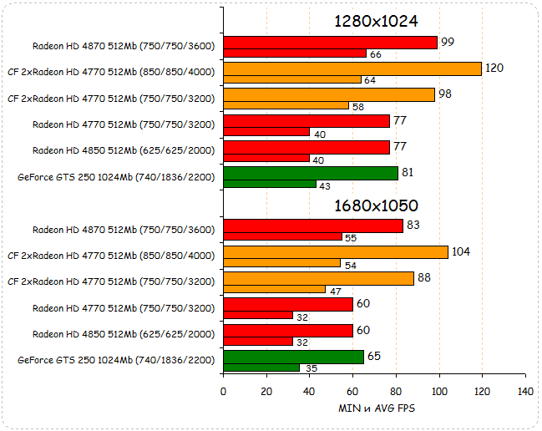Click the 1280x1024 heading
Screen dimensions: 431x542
pyautogui.click(x=376, y=21)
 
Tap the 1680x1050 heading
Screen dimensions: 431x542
pyautogui.click(x=376, y=205)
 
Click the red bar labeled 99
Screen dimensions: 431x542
pyautogui.click(x=330, y=43)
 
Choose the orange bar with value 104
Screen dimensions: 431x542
pyautogui.click(x=335, y=251)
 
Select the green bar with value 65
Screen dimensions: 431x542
pyautogui.click(x=293, y=357)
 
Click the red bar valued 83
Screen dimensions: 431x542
pyautogui.click(x=312, y=226)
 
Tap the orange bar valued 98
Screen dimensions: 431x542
pyautogui.click(x=328, y=94)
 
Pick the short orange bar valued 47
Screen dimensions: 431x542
pyautogui.click(x=274, y=289)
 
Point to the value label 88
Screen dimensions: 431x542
pyautogui.click(x=424, y=277)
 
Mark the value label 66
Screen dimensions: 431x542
pyautogui.click(x=376, y=54)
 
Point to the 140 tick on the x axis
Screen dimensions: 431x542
pyautogui.click(x=524, y=391)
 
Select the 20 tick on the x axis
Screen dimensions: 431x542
pyautogui.click(x=266, y=391)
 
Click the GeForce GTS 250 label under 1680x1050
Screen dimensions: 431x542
pyautogui.click(x=116, y=360)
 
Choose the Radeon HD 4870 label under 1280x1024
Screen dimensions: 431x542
pyautogui.click(x=124, y=46)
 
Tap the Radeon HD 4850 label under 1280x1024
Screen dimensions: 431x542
pyautogui.click(x=124, y=150)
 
